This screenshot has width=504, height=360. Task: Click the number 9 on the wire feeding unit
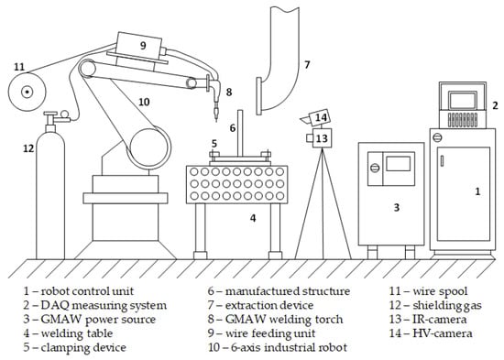(143, 45)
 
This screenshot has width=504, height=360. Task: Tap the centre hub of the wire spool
(27, 93)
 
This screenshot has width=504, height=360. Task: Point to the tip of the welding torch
(216, 121)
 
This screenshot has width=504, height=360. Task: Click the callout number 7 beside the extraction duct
(307, 65)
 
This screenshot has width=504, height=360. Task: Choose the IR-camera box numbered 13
(319, 138)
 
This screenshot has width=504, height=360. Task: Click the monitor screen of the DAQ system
(462, 100)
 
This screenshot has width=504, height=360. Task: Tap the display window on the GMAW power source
(399, 164)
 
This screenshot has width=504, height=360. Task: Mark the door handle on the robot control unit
(443, 160)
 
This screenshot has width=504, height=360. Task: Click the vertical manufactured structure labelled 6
(240, 134)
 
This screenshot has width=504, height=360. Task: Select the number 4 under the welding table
(253, 218)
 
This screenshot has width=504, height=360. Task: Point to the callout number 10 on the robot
(144, 102)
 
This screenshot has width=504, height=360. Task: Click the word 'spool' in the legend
(454, 291)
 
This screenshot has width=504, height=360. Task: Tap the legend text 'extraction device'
(269, 305)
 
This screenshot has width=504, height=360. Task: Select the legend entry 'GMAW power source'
(90, 320)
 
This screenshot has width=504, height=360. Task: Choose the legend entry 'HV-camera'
(431, 333)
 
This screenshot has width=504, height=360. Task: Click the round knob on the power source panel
(375, 168)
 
